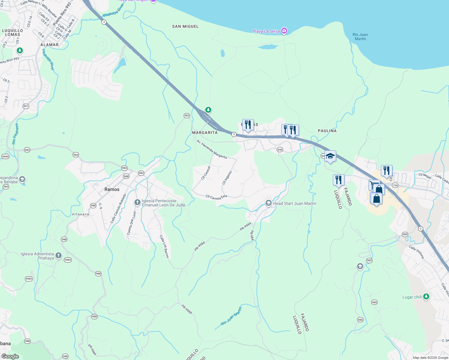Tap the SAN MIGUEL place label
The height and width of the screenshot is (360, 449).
tap(185, 26)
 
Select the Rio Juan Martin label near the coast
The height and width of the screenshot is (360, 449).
tap(360, 37)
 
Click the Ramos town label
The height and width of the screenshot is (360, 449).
tap(112, 189)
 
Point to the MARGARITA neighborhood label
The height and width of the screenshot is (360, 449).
tap(205, 132)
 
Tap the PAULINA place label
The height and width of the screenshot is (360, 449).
tap(327, 131)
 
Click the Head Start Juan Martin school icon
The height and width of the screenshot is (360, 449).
tap(268, 203)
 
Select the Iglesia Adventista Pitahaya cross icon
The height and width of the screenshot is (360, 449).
tap(59, 256)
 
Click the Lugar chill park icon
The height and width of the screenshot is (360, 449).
tap(426, 297)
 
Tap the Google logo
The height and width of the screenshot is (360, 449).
tap(10, 356)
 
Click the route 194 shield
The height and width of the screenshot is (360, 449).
tap(395, 185)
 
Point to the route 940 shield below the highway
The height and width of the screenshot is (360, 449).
tap(280, 150)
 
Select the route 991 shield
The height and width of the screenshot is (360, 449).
tap(26, 106)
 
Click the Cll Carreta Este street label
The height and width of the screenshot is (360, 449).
tap(216, 197)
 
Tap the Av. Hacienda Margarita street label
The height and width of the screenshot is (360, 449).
tap(212, 149)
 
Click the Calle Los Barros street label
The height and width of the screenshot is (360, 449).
tap(164, 247)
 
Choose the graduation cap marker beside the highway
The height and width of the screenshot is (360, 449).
tap(330, 156)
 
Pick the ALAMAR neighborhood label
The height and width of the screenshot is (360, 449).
tap(50, 45)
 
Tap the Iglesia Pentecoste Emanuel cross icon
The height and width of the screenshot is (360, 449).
tap(137, 202)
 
